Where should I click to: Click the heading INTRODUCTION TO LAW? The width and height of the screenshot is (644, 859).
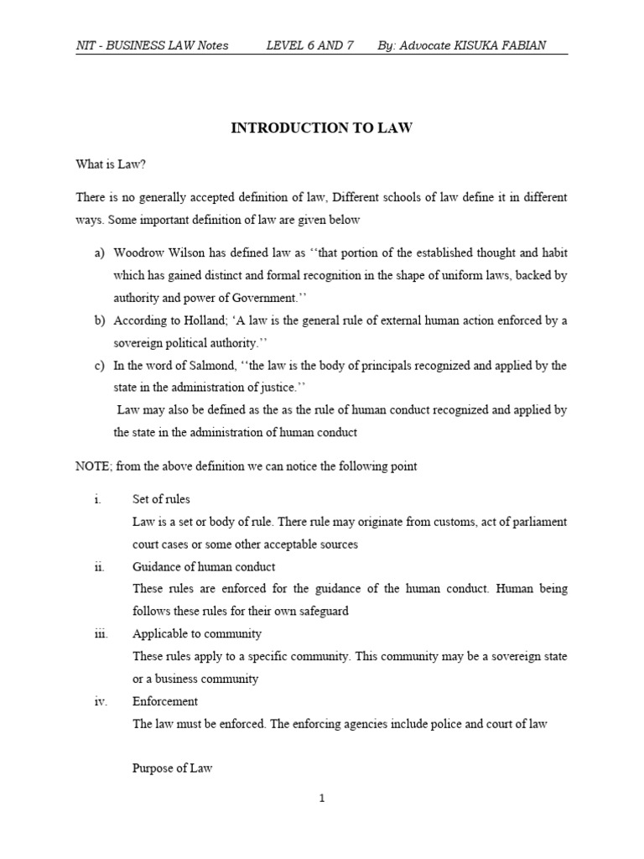(x=321, y=128)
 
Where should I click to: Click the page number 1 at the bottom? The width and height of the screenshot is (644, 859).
(x=321, y=799)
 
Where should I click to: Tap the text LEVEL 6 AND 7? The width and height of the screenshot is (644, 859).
(x=309, y=45)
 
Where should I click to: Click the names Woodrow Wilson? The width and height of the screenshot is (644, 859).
(x=155, y=252)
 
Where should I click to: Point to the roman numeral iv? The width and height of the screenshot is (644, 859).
(x=100, y=700)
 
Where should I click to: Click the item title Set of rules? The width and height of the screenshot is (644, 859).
(x=161, y=499)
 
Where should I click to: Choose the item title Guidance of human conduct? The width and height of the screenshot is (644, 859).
(x=204, y=567)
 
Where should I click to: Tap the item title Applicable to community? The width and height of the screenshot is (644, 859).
(x=197, y=633)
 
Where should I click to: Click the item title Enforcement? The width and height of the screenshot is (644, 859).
(x=165, y=700)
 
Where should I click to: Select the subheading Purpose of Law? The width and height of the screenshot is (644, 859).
(x=172, y=768)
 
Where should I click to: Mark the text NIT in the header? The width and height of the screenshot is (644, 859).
(x=86, y=45)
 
